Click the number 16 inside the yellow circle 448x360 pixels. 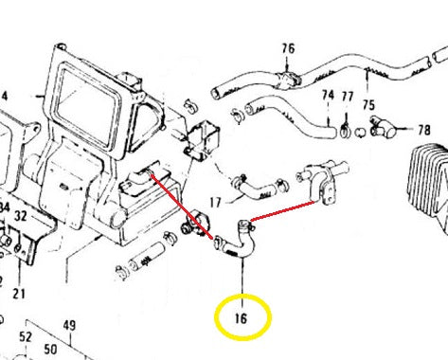click(242, 319)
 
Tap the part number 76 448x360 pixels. click(288, 47)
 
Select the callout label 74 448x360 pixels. click(328, 96)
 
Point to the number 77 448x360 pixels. click(348, 97)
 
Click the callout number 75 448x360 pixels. click(367, 105)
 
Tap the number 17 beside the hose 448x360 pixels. click(215, 201)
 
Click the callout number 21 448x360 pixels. click(18, 294)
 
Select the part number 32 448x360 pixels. click(21, 216)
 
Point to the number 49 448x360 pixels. click(69, 327)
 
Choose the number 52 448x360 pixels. click(26, 336)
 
